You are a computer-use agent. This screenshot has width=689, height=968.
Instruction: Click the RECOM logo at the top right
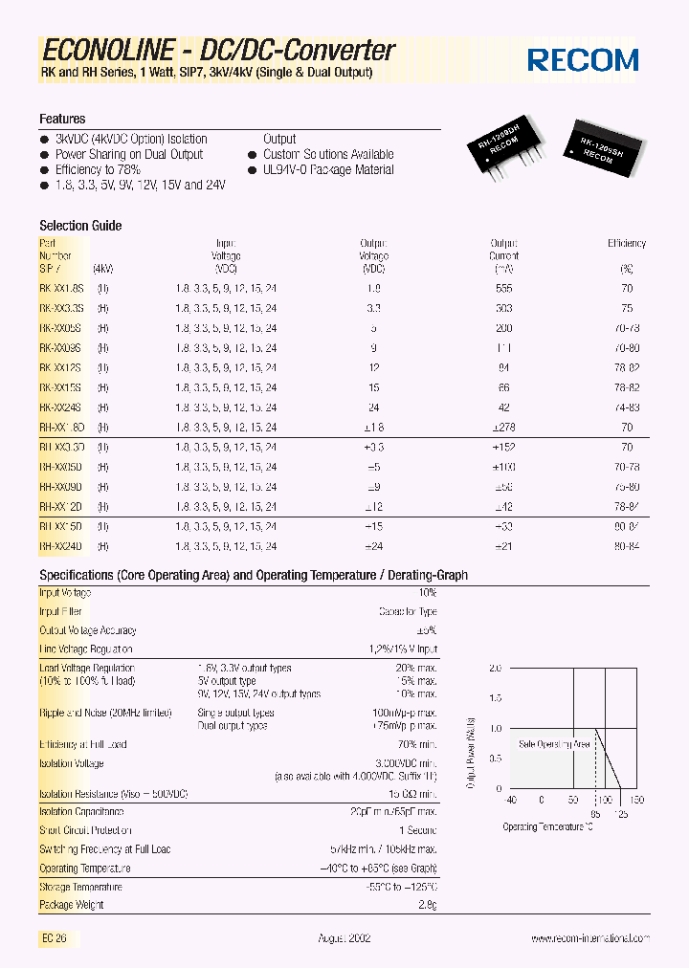[584, 61]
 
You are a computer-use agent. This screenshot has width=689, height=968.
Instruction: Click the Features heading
[62, 119]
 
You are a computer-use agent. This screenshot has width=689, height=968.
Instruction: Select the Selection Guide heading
[80, 226]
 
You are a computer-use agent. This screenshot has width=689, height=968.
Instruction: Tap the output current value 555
[504, 288]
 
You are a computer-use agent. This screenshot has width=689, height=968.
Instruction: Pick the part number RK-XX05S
[62, 328]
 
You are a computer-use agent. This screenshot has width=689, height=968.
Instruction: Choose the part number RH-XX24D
[62, 546]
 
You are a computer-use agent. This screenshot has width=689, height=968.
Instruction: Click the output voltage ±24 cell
[374, 546]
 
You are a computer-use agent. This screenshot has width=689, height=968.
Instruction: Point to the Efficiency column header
[627, 244]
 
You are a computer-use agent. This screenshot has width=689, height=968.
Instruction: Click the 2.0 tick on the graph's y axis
[494, 669]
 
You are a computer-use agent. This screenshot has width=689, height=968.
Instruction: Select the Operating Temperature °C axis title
[547, 827]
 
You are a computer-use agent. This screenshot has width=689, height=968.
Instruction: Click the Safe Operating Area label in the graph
[554, 743]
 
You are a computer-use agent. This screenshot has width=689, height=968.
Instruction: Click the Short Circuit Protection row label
[85, 830]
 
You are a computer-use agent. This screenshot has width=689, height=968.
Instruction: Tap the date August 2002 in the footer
[344, 939]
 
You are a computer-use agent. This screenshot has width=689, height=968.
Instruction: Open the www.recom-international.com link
[589, 939]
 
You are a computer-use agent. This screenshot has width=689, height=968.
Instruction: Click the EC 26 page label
[55, 939]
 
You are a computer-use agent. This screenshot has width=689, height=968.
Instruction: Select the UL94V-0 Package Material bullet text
[328, 169]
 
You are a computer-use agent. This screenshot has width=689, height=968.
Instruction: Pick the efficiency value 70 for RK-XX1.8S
[627, 288]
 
